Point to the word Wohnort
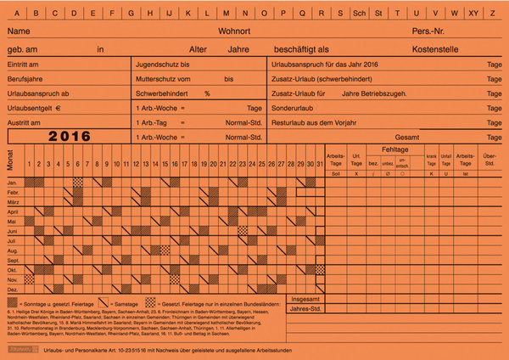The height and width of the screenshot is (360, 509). click(x=234, y=31)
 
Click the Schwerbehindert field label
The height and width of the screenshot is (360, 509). click(x=165, y=93)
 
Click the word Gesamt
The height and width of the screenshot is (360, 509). click(x=431, y=137)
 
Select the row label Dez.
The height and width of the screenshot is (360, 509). click(x=13, y=290)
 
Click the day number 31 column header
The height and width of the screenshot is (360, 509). click(x=319, y=164)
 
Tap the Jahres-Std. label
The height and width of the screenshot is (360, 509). click(x=306, y=309)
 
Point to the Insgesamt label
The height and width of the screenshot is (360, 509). click(x=306, y=299)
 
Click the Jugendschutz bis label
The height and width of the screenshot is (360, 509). click(x=163, y=65)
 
